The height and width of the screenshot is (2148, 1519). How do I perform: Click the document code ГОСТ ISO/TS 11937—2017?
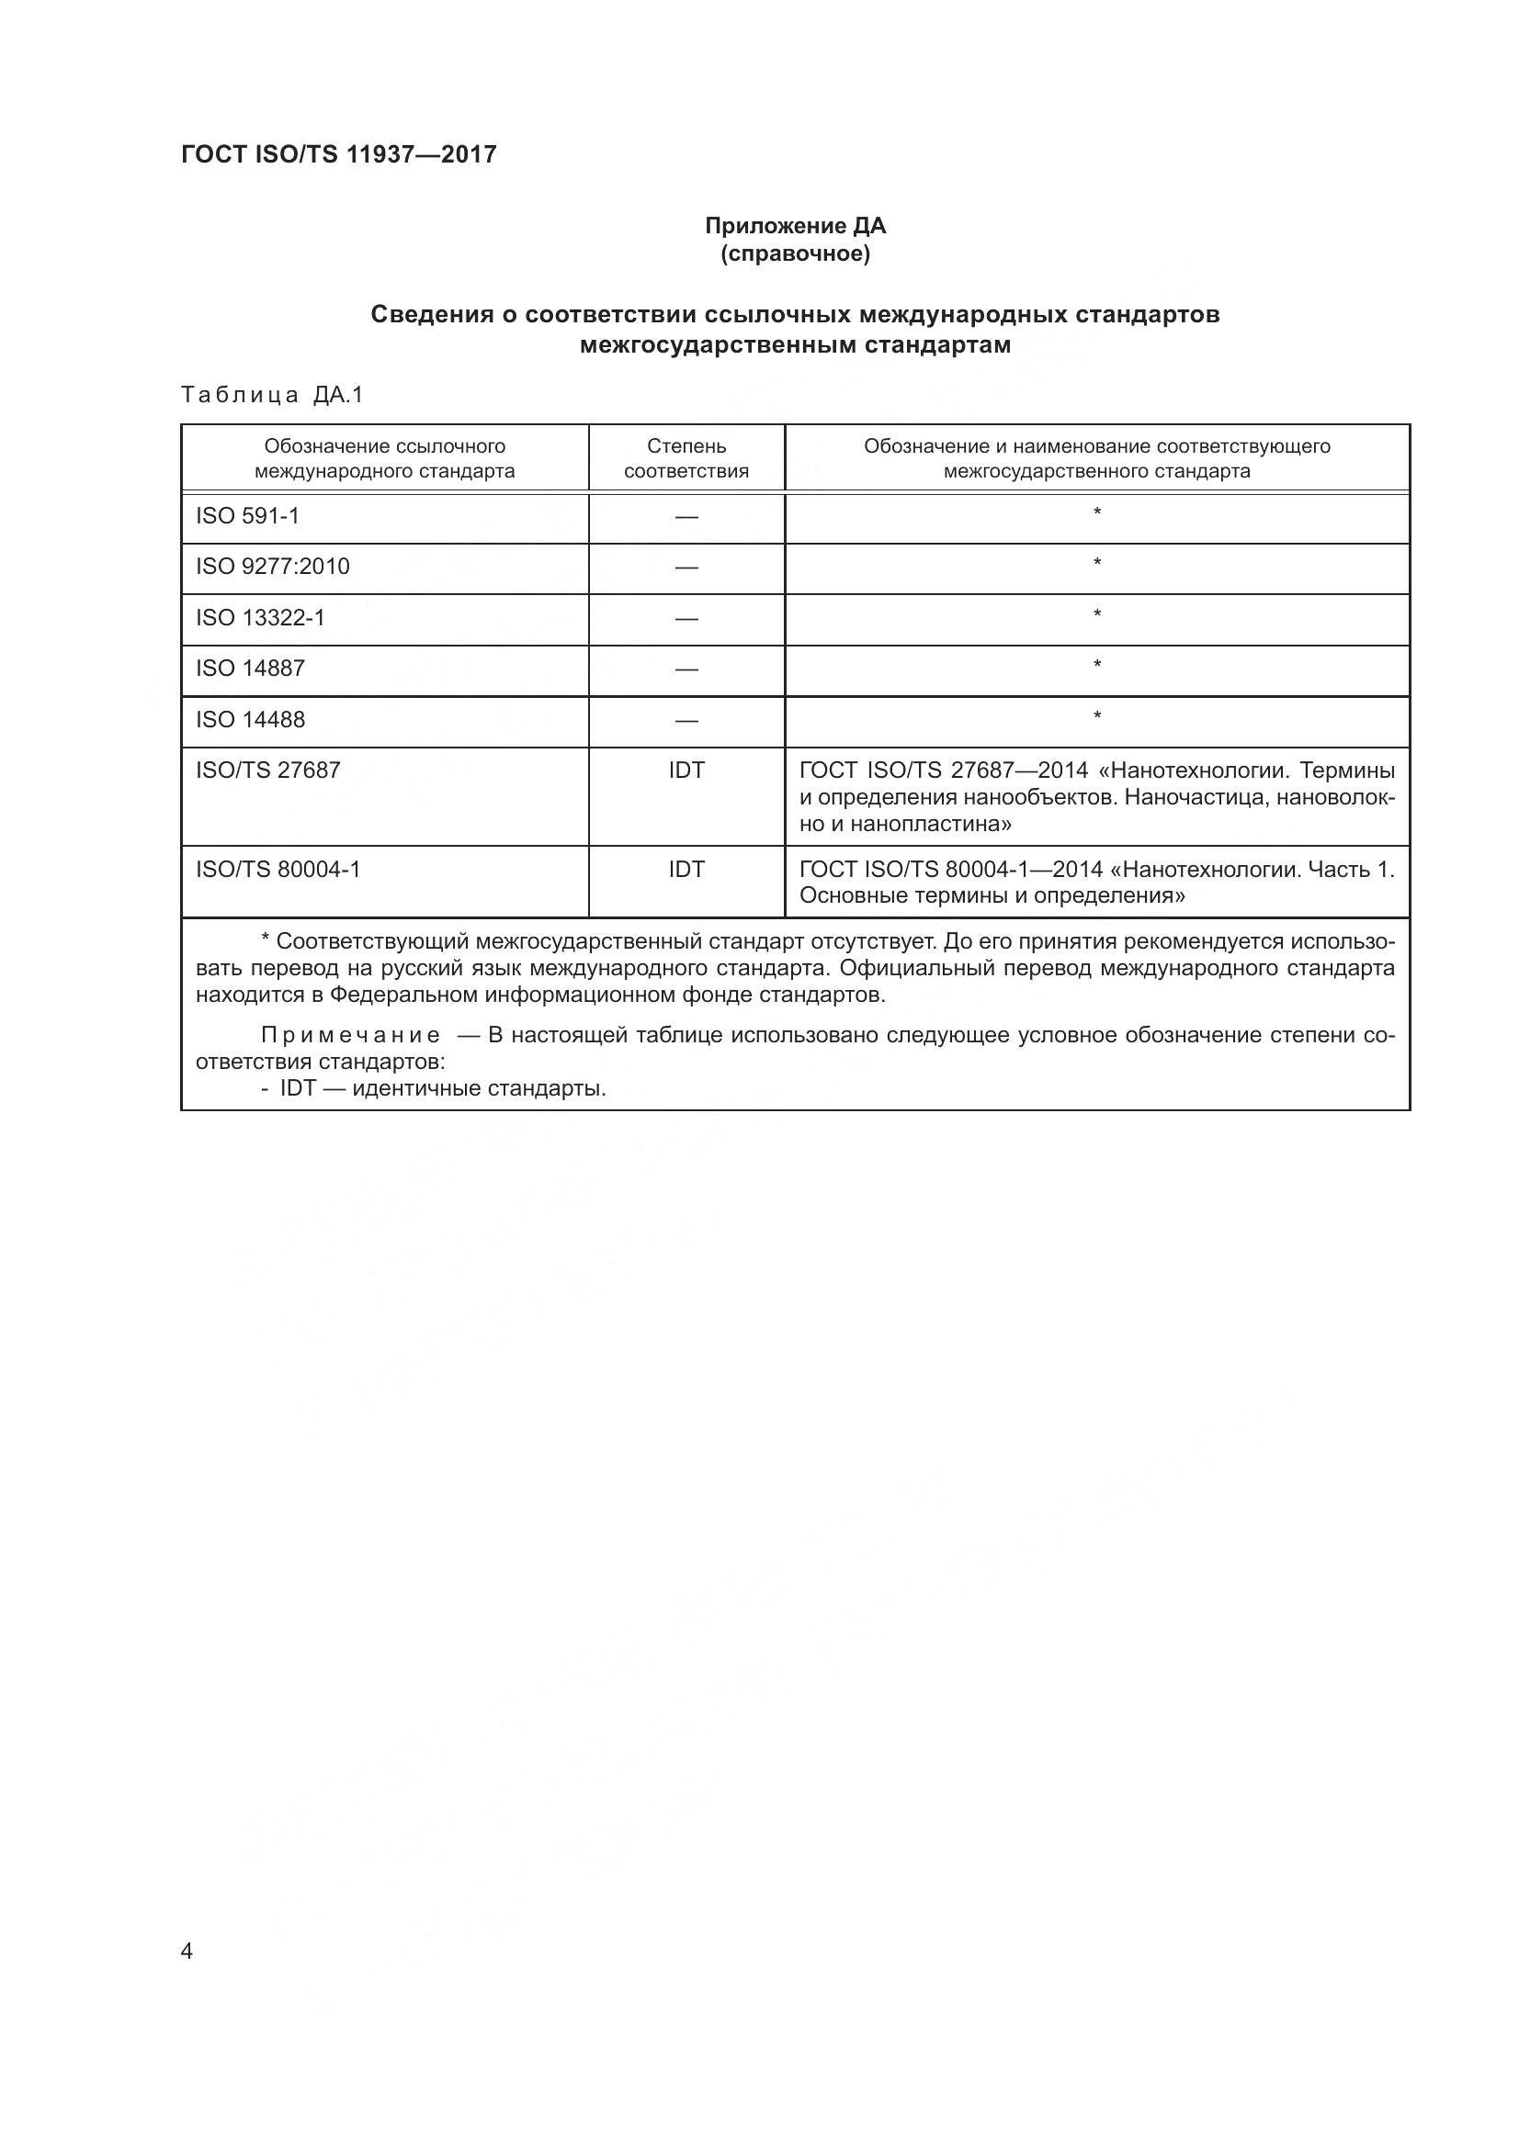click(x=338, y=155)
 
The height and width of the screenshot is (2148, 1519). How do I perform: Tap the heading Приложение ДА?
click(x=795, y=227)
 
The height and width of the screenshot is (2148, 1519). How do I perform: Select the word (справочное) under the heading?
click(x=795, y=253)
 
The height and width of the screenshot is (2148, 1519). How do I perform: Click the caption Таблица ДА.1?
click(x=271, y=395)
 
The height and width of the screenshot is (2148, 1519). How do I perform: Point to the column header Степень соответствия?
click(x=686, y=458)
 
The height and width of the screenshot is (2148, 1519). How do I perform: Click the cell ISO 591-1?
click(x=248, y=516)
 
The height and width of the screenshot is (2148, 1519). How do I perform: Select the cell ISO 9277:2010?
click(x=272, y=567)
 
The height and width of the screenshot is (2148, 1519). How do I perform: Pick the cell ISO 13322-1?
click(x=260, y=617)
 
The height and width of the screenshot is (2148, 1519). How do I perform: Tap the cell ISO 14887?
click(x=250, y=668)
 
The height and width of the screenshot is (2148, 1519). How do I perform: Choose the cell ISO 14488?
click(x=250, y=719)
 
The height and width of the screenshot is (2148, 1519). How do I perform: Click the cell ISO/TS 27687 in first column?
click(x=267, y=770)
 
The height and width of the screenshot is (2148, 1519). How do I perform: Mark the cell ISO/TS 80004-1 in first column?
click(x=278, y=869)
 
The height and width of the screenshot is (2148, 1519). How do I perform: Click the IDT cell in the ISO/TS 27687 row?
click(x=686, y=770)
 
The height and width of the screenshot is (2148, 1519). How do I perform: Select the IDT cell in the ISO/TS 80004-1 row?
click(x=686, y=869)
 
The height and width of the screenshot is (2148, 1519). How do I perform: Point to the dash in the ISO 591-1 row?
click(x=686, y=517)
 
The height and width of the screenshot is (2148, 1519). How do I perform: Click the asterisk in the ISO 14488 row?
click(x=1097, y=717)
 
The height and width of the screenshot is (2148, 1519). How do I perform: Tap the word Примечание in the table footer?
click(x=350, y=1036)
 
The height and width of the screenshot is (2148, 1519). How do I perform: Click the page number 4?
click(x=187, y=1951)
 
